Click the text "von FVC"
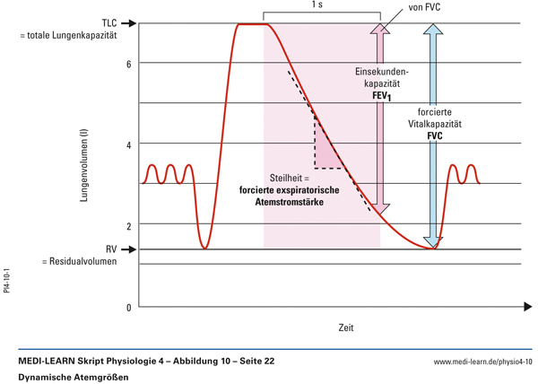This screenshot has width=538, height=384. pos(426,8)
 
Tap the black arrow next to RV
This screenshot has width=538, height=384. pos(128,249)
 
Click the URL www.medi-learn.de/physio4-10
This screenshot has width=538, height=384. pos(482,361)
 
